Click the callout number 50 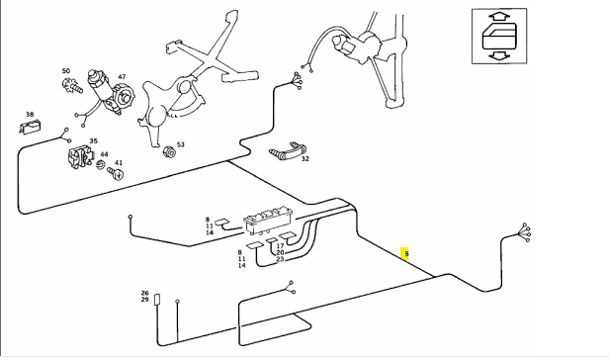66,70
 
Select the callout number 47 122,76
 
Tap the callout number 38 30,114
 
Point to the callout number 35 93,141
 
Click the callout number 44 104,154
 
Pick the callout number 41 119,163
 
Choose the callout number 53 181,144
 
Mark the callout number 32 305,158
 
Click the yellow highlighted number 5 404,254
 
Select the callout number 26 145,293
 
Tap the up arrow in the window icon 499,17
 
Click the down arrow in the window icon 499,55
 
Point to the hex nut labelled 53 169,151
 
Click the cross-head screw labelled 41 116,173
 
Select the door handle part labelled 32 289,150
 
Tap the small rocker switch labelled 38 31,127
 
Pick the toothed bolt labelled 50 72,85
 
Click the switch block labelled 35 81,157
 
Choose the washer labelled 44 101,164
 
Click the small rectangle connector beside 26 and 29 157,300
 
